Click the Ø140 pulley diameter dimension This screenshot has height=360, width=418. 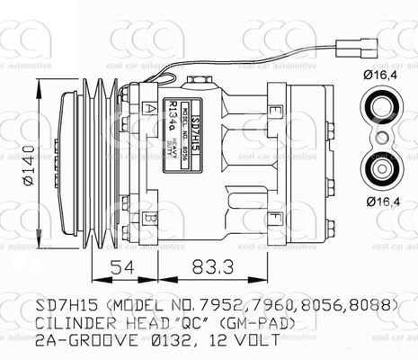(26, 167)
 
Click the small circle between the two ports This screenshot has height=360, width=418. (380, 139)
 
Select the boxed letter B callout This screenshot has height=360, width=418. (149, 217)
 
